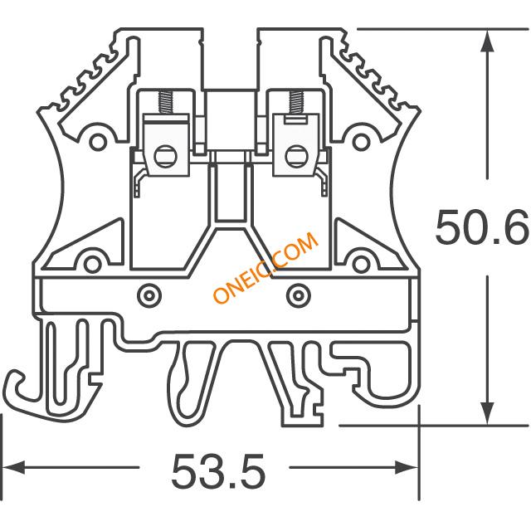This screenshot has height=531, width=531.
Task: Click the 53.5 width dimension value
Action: coord(218,471)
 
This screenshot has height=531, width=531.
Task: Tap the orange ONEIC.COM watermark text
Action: coord(266,267)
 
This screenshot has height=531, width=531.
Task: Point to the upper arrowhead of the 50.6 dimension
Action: coord(487,41)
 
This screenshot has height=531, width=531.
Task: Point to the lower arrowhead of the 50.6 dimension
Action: coord(487,413)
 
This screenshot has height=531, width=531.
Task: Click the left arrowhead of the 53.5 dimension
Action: coord(13,467)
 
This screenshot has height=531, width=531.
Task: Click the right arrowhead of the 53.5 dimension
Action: coord(407,467)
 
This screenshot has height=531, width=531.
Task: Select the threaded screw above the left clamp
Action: coord(165,102)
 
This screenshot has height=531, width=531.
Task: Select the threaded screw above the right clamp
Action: coord(295,102)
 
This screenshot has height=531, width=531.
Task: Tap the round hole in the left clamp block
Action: coord(166,157)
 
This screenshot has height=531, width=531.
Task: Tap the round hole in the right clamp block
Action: coord(297,157)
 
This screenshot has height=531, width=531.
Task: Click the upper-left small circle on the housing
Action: coord(98,142)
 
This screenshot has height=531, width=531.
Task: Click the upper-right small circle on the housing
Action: coord(361,142)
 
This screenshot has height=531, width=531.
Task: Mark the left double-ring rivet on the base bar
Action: coord(149,295)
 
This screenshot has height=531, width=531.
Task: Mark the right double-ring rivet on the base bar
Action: coord(298,295)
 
